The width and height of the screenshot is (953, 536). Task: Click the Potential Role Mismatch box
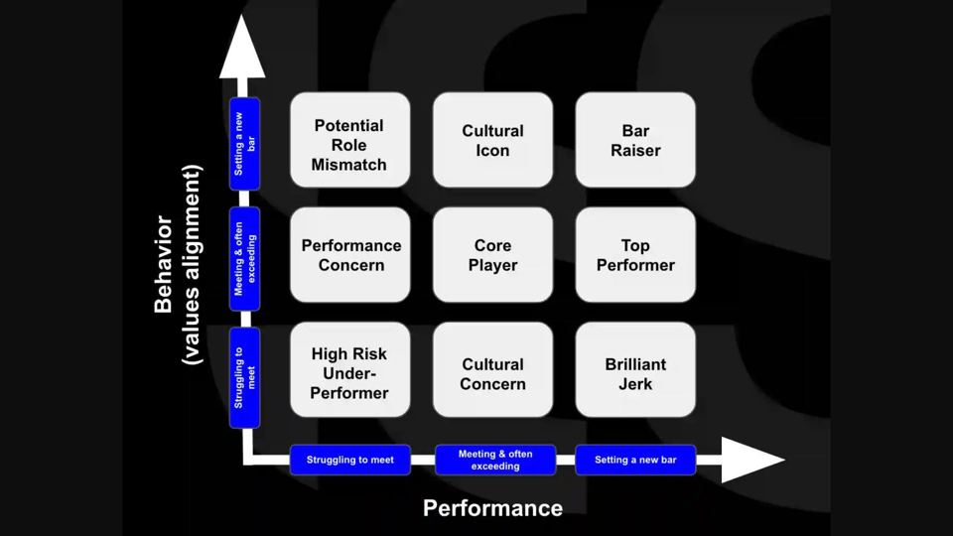(x=349, y=140)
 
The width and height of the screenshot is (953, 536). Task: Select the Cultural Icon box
(x=492, y=140)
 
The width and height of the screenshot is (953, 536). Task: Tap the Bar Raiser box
(x=635, y=140)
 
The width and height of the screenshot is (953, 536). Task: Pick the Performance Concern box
(x=349, y=255)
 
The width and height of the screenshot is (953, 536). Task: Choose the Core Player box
(x=492, y=255)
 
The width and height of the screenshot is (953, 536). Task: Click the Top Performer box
(x=635, y=255)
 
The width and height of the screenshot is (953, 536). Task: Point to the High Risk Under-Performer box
(x=349, y=369)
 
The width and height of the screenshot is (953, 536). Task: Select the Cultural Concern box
(x=492, y=369)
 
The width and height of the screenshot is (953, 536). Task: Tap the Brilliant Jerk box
(x=635, y=369)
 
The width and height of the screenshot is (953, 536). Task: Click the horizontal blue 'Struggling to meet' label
(x=349, y=460)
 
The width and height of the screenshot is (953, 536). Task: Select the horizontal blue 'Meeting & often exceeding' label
(x=495, y=460)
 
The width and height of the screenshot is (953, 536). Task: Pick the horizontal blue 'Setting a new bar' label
(x=635, y=460)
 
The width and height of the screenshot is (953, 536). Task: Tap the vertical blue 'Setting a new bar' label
(x=244, y=144)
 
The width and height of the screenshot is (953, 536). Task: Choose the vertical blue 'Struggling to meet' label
(x=244, y=377)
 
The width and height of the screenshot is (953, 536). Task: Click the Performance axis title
(x=492, y=508)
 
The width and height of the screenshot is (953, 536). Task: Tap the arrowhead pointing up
(x=242, y=50)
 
